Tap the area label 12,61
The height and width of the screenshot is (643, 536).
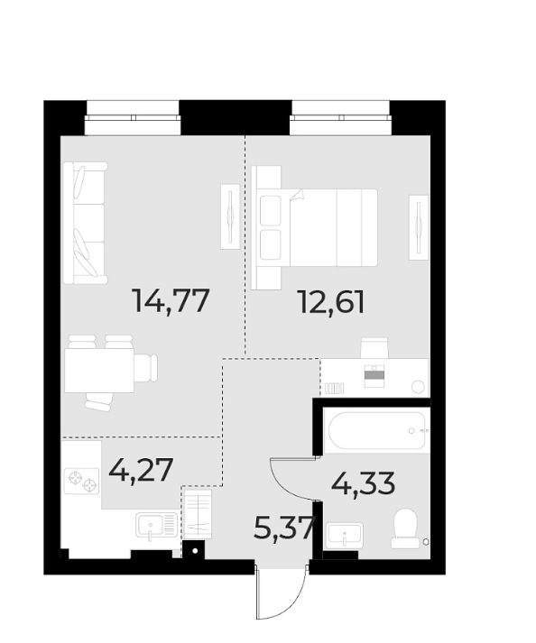331,300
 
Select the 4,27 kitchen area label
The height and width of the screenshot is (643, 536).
140,470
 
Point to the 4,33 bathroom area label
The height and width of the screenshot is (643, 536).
364,484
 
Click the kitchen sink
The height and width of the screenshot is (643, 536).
155,524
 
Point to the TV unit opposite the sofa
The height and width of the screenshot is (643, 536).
230,216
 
